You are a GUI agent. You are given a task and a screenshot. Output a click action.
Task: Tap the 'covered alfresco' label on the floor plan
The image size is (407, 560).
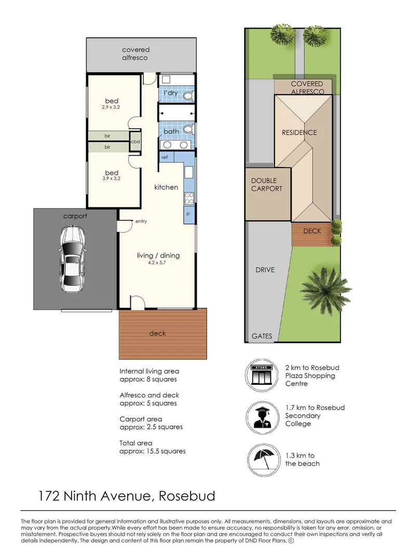tap(135, 53)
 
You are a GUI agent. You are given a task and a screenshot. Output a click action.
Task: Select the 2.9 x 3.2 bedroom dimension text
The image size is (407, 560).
tap(112, 108)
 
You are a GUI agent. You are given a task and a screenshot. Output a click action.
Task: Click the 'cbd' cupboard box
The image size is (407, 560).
tap(135, 142)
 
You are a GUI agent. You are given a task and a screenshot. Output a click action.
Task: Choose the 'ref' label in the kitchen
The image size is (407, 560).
tap(165, 157)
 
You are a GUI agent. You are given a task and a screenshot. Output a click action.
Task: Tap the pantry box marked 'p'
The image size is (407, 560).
tap(188, 214)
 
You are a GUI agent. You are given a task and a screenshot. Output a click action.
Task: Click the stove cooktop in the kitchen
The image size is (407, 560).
tap(189, 198)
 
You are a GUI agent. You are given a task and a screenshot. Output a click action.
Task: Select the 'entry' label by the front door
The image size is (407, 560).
tap(141, 221)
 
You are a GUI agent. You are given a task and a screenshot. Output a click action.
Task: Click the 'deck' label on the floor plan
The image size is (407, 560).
tap(157, 333)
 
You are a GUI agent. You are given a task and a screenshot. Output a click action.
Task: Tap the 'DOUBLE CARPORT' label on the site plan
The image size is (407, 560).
tap(267, 185)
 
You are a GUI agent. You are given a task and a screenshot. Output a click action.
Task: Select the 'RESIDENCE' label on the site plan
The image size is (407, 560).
tap(299, 133)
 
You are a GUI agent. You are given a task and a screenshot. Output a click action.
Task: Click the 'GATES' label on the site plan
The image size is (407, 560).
tap(262, 336)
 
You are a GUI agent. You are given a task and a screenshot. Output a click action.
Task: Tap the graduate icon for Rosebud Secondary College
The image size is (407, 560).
tap(262, 416)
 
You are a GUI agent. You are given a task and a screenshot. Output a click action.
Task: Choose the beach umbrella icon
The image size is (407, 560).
tap(262, 459)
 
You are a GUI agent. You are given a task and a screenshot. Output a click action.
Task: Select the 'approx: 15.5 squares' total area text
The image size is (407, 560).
tap(153, 451)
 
